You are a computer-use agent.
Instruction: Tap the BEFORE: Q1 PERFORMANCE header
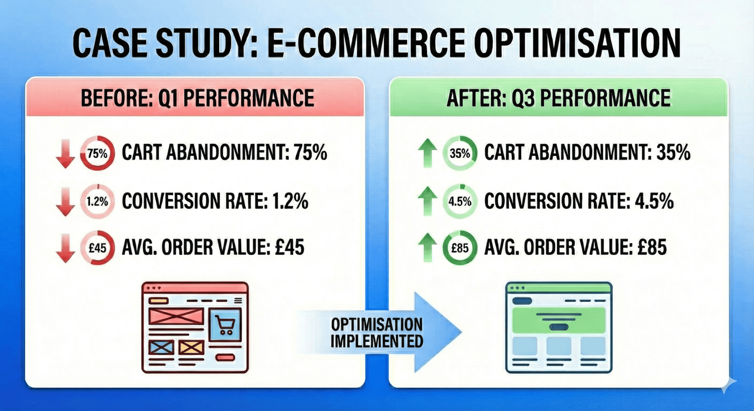[197, 98]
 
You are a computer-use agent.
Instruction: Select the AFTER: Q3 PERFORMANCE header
[558, 98]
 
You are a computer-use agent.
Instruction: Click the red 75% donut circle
[97, 153]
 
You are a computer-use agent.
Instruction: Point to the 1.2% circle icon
[97, 201]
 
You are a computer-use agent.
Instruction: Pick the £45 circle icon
[97, 248]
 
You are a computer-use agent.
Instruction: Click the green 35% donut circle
[460, 153]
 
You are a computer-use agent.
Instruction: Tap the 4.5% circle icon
[460, 201]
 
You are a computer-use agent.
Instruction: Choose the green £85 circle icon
[460, 248]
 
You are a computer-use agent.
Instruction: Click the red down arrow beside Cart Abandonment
[66, 153]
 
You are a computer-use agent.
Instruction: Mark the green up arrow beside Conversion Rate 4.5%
[427, 201]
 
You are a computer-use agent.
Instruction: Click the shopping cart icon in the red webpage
[225, 325]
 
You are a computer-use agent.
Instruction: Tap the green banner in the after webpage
[559, 321]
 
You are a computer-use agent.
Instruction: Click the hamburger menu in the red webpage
[238, 300]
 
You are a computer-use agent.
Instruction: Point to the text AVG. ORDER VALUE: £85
[575, 248]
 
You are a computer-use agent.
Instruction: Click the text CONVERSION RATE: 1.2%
[215, 201]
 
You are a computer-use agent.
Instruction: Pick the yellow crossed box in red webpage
[191, 347]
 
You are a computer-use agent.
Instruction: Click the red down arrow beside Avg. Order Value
[66, 248]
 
